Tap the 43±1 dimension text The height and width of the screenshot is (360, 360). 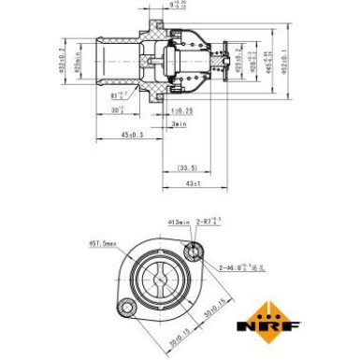[x=194, y=184]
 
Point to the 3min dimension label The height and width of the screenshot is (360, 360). [x=179, y=123]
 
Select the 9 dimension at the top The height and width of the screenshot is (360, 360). [x=178, y=7]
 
